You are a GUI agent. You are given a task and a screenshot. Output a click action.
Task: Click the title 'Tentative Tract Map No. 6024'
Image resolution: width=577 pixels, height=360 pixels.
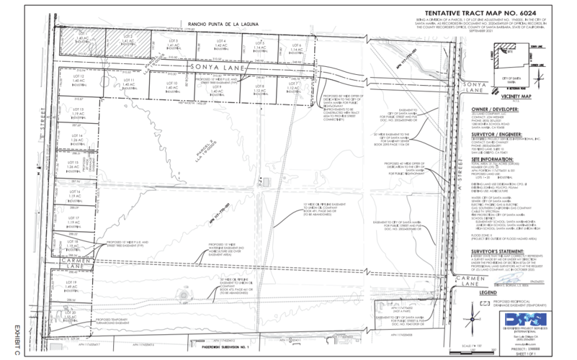(504, 14)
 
